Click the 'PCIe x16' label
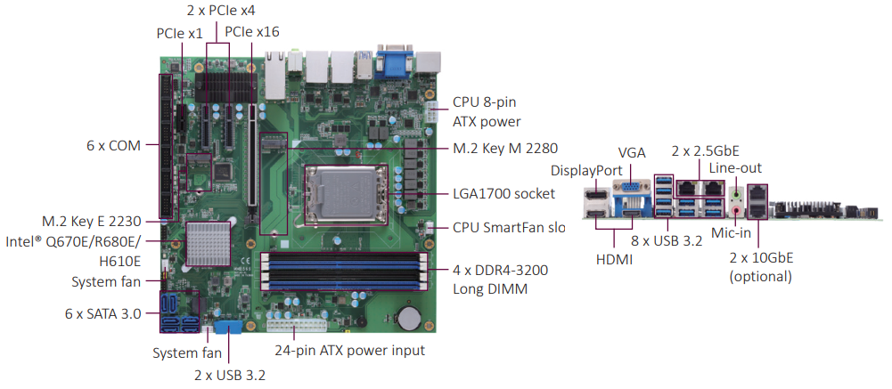(252, 31)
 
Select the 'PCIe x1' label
(179, 32)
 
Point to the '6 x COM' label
(113, 145)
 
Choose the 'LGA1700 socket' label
(503, 193)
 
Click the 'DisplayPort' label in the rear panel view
(587, 170)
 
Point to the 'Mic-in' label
(732, 234)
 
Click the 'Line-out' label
(735, 166)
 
